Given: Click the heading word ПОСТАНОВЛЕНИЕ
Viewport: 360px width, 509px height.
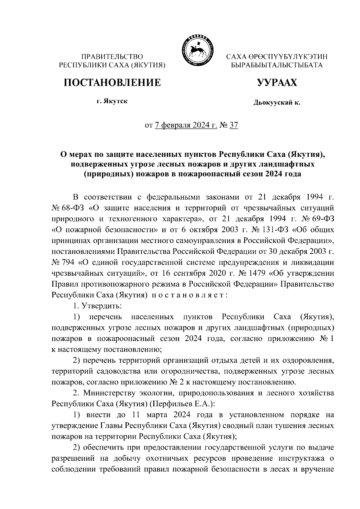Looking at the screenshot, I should click(112, 82).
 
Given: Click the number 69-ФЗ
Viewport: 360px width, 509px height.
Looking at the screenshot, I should click(321, 219).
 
